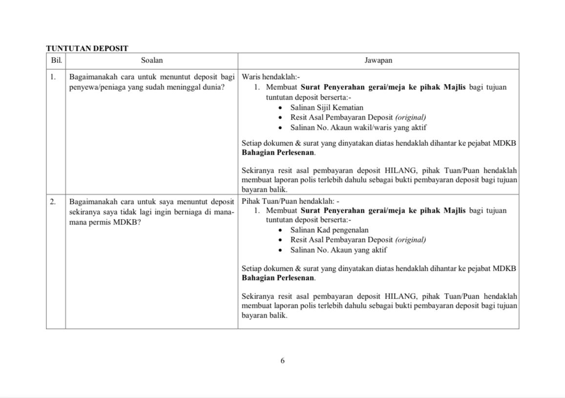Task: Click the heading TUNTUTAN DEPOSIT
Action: point(87,48)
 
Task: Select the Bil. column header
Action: point(56,60)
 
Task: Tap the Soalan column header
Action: point(151,60)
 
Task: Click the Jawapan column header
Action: point(378,60)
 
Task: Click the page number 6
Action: point(282,361)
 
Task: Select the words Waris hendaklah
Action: point(271,77)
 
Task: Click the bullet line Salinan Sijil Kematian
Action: point(327,107)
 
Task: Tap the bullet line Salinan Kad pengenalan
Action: point(329,230)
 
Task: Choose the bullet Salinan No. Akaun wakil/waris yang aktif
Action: point(358,127)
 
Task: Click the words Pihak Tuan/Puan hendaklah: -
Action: point(290,201)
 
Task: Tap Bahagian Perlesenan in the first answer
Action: point(278,152)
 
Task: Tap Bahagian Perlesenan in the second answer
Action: point(278,278)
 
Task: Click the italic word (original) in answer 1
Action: point(410,118)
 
